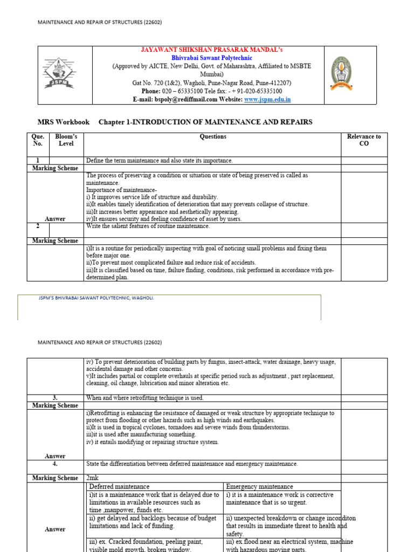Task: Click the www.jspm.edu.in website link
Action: pos(267,99)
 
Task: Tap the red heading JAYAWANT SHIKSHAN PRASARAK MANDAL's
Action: pos(208,50)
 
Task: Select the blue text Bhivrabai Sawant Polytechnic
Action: pos(208,58)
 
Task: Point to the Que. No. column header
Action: pos(38,140)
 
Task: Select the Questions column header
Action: pos(213,137)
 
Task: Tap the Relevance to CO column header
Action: pos(364,140)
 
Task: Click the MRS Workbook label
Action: pos(64,122)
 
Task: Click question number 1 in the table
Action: pos(38,161)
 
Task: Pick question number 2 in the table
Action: pos(38,226)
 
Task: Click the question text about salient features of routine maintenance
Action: pos(148,226)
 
